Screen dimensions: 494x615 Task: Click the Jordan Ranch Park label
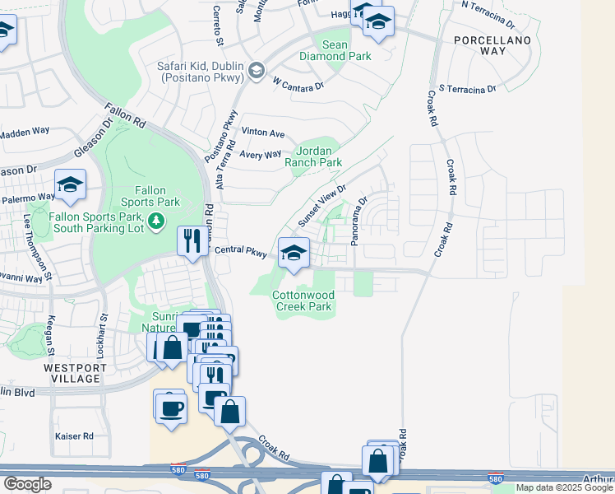(x=312, y=156)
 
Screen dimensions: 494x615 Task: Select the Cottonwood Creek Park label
(x=302, y=301)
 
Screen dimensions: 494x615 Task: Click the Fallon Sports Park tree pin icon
(x=157, y=220)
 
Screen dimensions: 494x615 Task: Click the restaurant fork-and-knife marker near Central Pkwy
(x=192, y=241)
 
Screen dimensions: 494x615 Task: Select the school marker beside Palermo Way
(x=70, y=186)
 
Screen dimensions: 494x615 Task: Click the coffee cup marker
(x=171, y=408)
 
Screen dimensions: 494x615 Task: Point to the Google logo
(x=27, y=484)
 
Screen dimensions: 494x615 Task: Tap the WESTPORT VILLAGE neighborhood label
(x=73, y=372)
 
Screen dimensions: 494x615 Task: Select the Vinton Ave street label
(x=262, y=133)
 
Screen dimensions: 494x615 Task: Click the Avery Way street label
(x=260, y=154)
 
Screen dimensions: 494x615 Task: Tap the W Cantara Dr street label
(x=298, y=84)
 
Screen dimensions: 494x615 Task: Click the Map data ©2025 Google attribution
(x=563, y=487)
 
